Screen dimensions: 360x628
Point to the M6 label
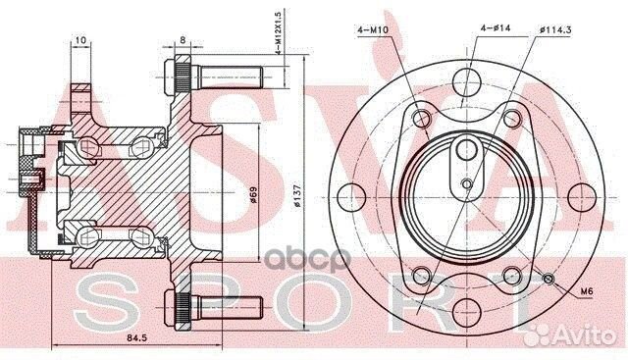point(587,291)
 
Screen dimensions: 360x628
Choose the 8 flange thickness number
point(183,41)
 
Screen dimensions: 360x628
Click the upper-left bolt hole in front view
point(422,120)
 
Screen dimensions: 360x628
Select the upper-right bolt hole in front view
point(508,120)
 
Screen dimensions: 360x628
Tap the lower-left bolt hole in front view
point(422,274)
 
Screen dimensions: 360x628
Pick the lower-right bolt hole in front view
point(508,274)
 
